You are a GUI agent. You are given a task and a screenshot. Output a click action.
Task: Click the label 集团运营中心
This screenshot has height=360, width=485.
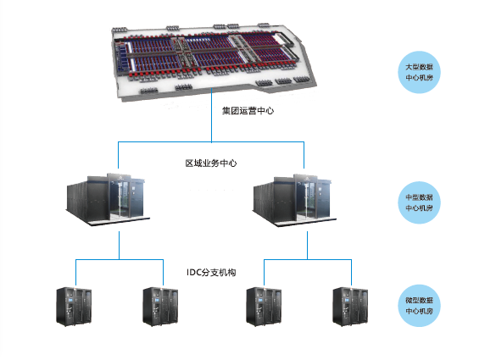[248, 111]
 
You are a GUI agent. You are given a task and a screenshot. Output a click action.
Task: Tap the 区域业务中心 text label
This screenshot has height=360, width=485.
[211, 163]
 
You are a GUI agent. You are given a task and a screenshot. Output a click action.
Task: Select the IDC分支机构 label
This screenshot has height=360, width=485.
[211, 272]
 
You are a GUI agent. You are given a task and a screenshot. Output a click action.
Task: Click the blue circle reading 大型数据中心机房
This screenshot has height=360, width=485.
[419, 72]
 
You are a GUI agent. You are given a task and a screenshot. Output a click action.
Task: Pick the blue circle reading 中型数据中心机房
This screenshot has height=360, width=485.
[419, 202]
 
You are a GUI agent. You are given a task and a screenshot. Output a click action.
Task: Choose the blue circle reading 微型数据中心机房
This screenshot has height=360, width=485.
[419, 306]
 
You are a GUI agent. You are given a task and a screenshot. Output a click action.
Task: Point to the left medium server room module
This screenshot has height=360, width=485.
[108, 199]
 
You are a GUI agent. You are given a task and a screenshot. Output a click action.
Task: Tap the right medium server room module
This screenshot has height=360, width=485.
[294, 200]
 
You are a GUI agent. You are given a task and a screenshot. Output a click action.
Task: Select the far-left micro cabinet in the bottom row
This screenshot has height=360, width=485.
[74, 307]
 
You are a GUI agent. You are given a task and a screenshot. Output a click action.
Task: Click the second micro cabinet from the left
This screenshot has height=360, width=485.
[160, 307]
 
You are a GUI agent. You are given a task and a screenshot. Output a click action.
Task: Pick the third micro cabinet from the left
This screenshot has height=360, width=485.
[264, 307]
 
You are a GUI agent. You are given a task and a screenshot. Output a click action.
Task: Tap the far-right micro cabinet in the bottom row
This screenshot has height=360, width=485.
[350, 307]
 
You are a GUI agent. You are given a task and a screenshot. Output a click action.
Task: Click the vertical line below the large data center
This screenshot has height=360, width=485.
[212, 115]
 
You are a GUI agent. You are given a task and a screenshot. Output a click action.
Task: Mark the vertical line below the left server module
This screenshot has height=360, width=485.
[119, 246]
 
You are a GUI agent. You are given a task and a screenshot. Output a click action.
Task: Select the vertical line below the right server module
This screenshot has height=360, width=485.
[308, 246]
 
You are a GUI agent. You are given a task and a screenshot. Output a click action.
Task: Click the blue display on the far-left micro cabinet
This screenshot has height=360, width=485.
[70, 300]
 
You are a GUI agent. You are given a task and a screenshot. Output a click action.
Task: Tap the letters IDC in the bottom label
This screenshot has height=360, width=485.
[194, 272]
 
